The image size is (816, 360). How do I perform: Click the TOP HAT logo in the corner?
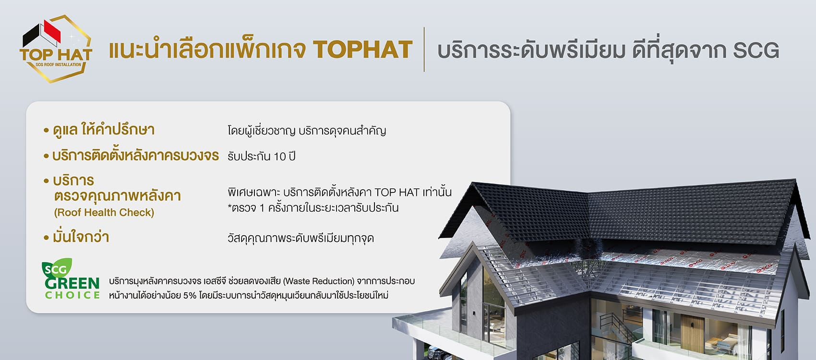pyautogui.click(x=56, y=49)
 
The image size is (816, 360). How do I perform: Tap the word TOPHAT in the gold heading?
pyautogui.click(x=362, y=49)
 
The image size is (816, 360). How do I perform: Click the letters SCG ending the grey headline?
pyautogui.click(x=756, y=50)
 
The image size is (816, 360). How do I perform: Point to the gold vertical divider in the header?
pyautogui.click(x=424, y=49)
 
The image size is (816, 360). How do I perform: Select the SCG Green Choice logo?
pyautogui.click(x=71, y=279)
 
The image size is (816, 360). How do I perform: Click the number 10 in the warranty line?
pyautogui.click(x=280, y=156)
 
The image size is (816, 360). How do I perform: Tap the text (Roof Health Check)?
pyautogui.click(x=104, y=213)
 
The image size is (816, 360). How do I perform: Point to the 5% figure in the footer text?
pyautogui.click(x=190, y=295)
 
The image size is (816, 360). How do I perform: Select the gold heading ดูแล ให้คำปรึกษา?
pyautogui.click(x=104, y=130)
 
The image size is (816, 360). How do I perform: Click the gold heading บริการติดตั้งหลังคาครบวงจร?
pyautogui.click(x=135, y=156)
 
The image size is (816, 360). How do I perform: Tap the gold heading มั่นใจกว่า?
pyautogui.click(x=81, y=237)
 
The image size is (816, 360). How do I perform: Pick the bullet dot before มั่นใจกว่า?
pyautogui.click(x=46, y=238)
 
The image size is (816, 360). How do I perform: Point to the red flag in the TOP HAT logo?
pyautogui.click(x=52, y=31)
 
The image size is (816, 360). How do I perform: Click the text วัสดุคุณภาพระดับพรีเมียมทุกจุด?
pyautogui.click(x=301, y=238)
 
